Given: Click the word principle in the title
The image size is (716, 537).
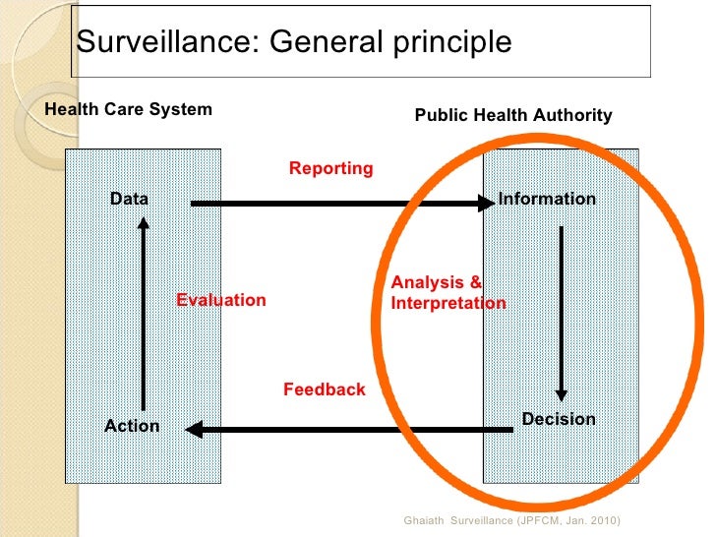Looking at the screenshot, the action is tap(451, 43).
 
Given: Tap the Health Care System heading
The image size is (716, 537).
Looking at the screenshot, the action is tap(129, 109).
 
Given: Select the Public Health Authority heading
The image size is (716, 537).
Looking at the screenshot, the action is tap(513, 116).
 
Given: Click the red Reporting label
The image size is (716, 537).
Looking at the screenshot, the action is tap(330, 168).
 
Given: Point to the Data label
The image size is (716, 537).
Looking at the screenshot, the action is tap(129, 199).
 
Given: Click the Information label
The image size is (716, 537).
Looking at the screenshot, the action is tap(547, 199).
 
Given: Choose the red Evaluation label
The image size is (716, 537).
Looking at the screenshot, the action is tap(220, 300).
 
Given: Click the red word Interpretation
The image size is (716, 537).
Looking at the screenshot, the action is tap(448, 303).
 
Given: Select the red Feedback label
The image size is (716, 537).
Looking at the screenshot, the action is tap(324, 389).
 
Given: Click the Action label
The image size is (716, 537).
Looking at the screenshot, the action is tap(132, 426).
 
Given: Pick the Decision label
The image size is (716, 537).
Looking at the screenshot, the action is tap(559, 419).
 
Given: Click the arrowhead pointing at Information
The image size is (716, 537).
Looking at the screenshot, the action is tap(484, 204).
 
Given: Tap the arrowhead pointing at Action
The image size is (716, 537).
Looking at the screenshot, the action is tap(194, 429).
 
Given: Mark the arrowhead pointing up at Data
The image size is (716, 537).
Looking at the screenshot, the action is tap(144, 224).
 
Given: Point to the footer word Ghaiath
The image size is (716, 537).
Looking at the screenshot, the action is tap(424, 519).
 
